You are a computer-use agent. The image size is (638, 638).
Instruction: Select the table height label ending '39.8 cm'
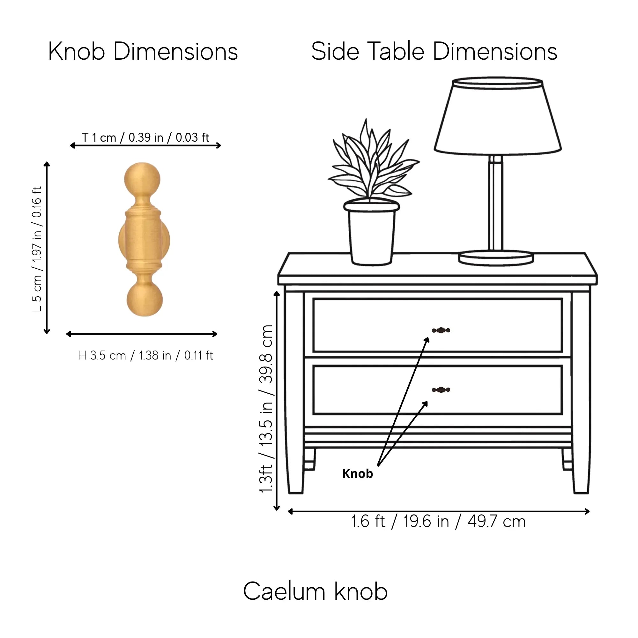266,410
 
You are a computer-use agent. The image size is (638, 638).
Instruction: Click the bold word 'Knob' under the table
358,473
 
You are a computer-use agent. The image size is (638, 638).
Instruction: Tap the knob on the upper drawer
441,330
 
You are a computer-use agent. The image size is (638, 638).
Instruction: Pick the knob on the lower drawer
441,390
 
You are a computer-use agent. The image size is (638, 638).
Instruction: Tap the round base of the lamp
496,257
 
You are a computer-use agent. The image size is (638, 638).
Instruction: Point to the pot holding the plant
372,233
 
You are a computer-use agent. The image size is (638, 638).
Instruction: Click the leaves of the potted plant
373,162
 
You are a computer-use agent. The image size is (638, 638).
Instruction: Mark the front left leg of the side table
294,393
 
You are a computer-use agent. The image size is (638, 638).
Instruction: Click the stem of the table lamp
496,203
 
